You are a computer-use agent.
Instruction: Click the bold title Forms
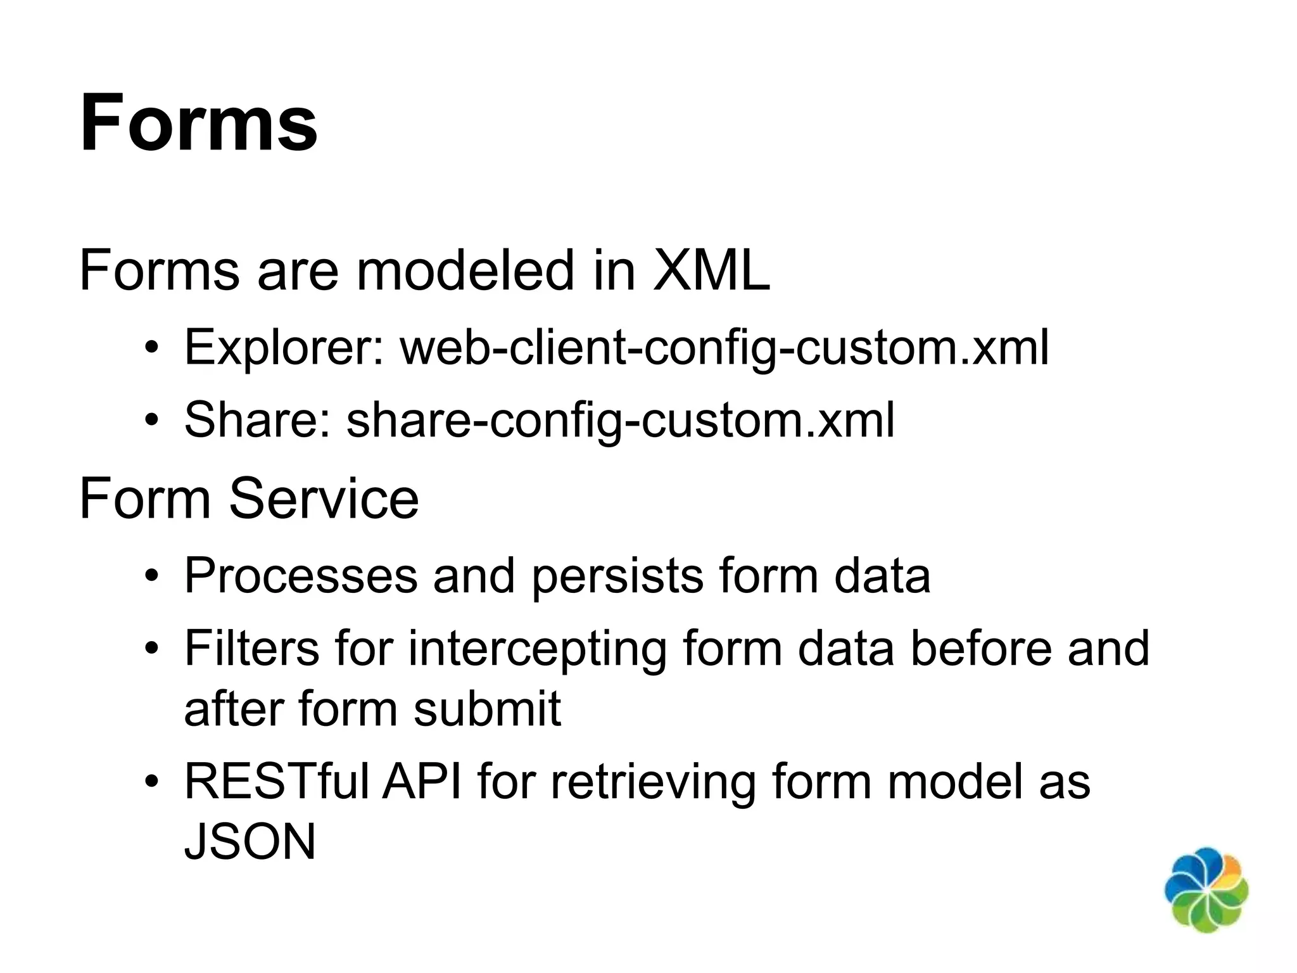(x=198, y=123)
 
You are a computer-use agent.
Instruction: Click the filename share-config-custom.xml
(x=621, y=420)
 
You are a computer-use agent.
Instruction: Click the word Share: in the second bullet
(x=258, y=420)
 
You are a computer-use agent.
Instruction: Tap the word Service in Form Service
(x=324, y=499)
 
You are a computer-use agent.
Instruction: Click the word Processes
(x=301, y=575)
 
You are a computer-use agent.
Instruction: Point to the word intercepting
(x=537, y=649)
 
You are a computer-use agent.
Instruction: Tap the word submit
(x=487, y=708)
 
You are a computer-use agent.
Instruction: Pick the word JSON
(x=250, y=842)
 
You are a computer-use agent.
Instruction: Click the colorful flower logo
(x=1206, y=890)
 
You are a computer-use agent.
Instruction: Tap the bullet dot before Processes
(x=151, y=576)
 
